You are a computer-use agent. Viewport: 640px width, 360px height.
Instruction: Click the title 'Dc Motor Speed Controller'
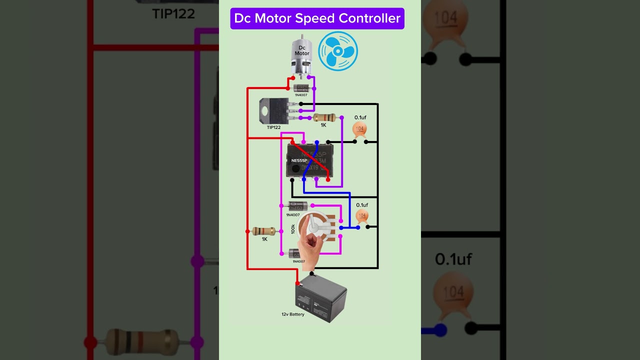coord(317,18)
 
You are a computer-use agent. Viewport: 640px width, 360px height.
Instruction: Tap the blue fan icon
coord(338,50)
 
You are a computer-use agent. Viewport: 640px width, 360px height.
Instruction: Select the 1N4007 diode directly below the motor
coord(301,88)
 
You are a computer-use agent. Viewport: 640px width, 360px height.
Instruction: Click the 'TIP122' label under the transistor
coord(273,127)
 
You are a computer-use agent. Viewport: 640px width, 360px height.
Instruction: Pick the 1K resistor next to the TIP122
coord(323,118)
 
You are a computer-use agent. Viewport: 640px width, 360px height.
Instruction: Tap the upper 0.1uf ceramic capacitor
coord(360,129)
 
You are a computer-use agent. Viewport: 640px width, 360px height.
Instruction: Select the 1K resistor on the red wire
coord(263,231)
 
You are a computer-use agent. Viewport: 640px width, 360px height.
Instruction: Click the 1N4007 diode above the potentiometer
coord(298,205)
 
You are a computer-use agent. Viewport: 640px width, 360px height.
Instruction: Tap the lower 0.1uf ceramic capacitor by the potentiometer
coord(362,216)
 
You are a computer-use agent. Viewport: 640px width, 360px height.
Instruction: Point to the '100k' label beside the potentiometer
coord(293,229)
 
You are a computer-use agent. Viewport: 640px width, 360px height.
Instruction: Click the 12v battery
coord(321,298)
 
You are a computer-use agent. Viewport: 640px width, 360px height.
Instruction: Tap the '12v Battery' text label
coord(292,314)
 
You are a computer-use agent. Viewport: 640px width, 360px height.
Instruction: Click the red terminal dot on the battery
coord(297,283)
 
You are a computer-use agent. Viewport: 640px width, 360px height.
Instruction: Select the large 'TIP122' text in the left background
coord(173,13)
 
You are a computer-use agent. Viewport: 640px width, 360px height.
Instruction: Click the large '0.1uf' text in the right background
coord(453,259)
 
